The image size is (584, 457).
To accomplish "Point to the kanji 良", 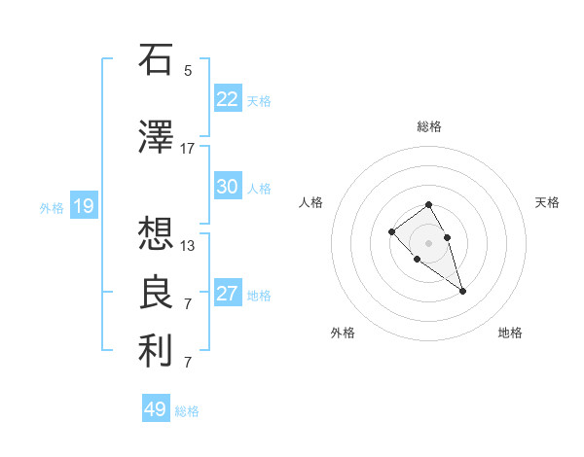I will point(156,293).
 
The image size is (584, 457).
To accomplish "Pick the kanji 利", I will point(156,352).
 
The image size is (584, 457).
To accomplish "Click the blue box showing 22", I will point(227,99).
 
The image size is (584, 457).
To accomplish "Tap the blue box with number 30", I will point(227,187).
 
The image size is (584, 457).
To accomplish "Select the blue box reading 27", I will point(227,295).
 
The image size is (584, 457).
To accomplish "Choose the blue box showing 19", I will point(84,206).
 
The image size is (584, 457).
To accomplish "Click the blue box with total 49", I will point(156,409).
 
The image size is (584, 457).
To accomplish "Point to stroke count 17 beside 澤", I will point(188,149).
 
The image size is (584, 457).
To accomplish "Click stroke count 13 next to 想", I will point(188,246).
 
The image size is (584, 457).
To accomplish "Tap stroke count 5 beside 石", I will point(188,71).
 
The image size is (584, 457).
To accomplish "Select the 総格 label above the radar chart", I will point(429,126).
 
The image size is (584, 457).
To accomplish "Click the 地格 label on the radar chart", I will point(510,333).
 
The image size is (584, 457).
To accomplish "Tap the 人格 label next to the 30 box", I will point(259,188).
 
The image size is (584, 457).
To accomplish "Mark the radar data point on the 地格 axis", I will point(462,291).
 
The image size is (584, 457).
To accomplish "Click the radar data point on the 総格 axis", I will point(429,205).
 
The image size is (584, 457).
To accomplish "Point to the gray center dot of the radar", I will point(429,243).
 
